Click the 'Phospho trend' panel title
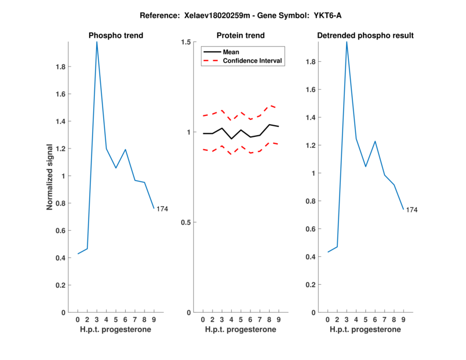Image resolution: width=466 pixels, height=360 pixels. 116,36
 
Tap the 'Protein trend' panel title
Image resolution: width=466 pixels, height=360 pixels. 241,36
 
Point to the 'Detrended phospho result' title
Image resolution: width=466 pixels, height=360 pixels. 365,36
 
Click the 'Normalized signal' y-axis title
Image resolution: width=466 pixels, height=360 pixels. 50,177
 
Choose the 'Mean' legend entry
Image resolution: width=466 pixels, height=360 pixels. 231,52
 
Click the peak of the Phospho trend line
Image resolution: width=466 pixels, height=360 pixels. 97,42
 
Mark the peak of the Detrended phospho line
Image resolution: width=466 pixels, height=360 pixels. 347,42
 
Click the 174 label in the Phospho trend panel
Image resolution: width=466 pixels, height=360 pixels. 162,209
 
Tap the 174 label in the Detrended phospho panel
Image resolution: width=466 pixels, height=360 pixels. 412,210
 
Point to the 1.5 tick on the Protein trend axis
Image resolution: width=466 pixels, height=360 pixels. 186,42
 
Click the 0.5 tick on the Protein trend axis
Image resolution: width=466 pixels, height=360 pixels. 186,223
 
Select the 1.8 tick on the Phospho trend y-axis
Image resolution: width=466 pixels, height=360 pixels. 60,66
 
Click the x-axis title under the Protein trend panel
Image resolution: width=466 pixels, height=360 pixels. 241,330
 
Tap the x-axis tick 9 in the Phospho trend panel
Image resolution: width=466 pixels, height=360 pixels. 154,320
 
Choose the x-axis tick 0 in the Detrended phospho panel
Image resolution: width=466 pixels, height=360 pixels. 328,320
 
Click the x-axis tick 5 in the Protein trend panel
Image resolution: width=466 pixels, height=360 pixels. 241,320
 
